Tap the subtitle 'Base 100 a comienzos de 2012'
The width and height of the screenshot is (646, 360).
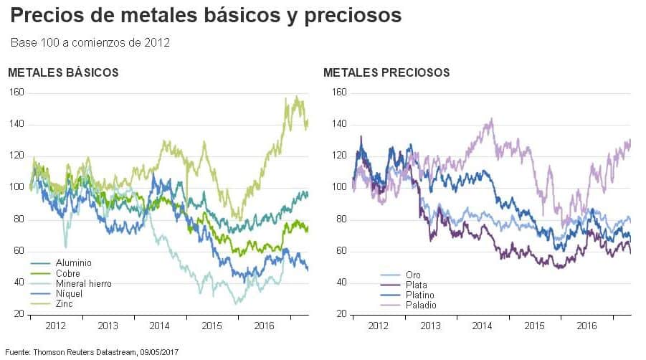90,43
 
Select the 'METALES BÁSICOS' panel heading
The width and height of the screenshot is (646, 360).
63,72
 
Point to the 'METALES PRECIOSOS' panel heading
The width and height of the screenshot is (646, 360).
386,72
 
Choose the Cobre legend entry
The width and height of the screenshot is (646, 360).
69,273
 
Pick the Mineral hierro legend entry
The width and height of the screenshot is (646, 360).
83,283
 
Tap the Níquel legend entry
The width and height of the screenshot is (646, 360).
70,293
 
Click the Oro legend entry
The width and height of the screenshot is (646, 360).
394,275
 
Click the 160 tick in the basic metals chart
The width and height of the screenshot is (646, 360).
16,92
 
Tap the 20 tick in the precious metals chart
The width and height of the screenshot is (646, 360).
341,314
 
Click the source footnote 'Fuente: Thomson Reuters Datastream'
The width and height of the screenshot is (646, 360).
92,352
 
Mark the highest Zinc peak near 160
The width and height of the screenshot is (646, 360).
297,96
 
